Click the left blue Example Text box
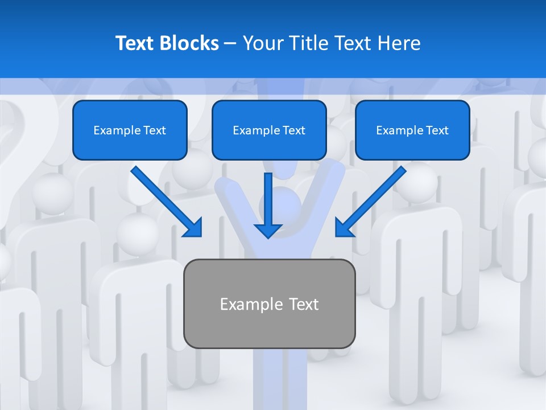click(x=130, y=130)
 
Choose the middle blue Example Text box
click(x=269, y=130)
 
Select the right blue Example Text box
click(x=412, y=130)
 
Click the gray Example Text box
click(x=269, y=304)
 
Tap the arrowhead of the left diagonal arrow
click(x=193, y=228)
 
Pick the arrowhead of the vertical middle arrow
click(x=268, y=230)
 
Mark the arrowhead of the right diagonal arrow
click(x=344, y=228)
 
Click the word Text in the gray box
click(x=303, y=304)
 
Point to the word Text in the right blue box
click(x=437, y=130)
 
